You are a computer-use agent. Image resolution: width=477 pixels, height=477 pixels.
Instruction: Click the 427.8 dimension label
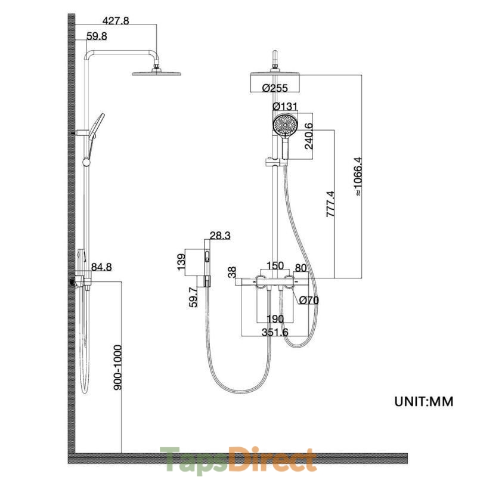click(x=116, y=20)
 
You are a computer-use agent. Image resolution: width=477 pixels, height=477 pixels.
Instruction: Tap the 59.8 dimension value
click(x=97, y=36)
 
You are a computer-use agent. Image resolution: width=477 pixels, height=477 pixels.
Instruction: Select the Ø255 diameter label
click(x=275, y=88)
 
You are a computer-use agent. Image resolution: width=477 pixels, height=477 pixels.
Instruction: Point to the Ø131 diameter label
click(x=285, y=107)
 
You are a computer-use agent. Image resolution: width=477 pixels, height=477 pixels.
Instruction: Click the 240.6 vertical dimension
click(x=309, y=136)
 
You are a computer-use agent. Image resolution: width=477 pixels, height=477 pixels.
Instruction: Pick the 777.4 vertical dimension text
click(x=330, y=204)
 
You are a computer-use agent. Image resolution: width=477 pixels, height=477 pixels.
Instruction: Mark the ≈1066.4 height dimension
click(x=358, y=176)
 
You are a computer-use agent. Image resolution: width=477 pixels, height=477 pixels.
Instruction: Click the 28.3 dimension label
click(x=220, y=236)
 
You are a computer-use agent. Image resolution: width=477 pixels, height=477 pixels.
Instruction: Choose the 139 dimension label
click(x=181, y=262)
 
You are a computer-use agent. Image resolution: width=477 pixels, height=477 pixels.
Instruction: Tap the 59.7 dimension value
click(x=193, y=297)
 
